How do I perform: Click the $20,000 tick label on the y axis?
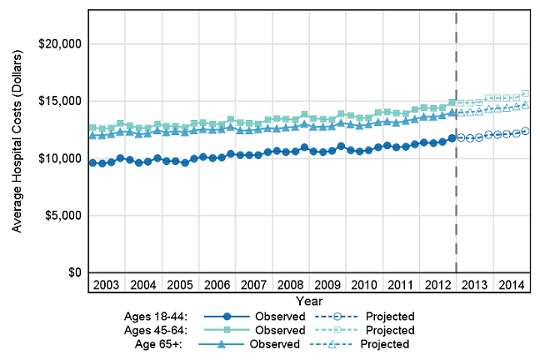click(54, 43)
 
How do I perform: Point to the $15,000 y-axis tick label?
click(54, 101)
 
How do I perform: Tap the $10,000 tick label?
click(54, 158)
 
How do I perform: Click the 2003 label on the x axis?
click(106, 284)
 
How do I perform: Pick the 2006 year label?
click(217, 284)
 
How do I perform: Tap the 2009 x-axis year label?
click(327, 284)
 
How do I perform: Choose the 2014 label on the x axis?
click(511, 284)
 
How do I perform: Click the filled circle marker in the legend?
click(225, 317)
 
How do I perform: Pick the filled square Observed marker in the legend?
click(225, 330)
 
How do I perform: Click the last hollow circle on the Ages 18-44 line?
click(525, 131)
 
